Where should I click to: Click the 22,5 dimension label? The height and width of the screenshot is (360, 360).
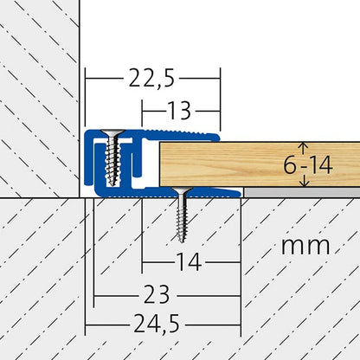point(151,79)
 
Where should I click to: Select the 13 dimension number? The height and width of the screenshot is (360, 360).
point(179,111)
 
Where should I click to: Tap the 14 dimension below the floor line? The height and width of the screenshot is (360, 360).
point(189,262)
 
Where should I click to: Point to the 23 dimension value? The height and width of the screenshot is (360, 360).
point(156,294)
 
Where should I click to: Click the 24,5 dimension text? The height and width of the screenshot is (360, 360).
point(157,324)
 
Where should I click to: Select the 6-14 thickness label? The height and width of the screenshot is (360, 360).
point(308,165)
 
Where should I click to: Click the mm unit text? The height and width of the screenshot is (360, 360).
point(305,246)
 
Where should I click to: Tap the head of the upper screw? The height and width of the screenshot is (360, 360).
point(112,132)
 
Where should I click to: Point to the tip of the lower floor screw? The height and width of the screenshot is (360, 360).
point(182,241)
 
